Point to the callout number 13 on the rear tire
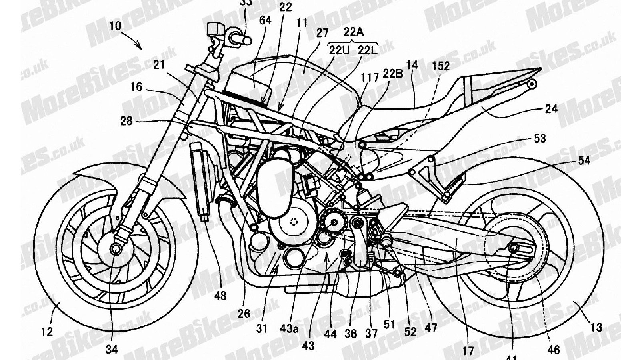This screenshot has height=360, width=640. (x=596, y=328)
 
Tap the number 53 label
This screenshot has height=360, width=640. (x=540, y=139)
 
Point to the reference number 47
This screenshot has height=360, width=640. (x=431, y=327)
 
